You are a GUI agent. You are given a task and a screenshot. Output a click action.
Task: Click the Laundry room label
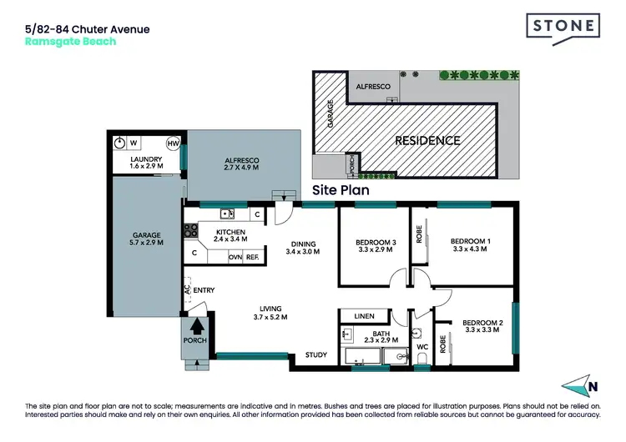[x=146, y=163]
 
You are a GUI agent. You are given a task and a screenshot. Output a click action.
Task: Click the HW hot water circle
[x=174, y=143]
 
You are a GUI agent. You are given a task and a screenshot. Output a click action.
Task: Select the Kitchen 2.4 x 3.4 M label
[x=230, y=235]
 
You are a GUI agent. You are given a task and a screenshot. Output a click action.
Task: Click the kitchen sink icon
[x=226, y=214]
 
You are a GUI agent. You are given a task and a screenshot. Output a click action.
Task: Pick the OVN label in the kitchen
[x=236, y=258]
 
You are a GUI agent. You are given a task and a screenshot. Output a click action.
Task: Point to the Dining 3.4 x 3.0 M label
[x=303, y=248]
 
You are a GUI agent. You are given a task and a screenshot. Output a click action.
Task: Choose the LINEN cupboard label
[x=365, y=316]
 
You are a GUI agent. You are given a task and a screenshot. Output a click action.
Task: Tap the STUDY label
[x=316, y=355]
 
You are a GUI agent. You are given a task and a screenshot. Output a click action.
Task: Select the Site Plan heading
[x=341, y=190]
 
